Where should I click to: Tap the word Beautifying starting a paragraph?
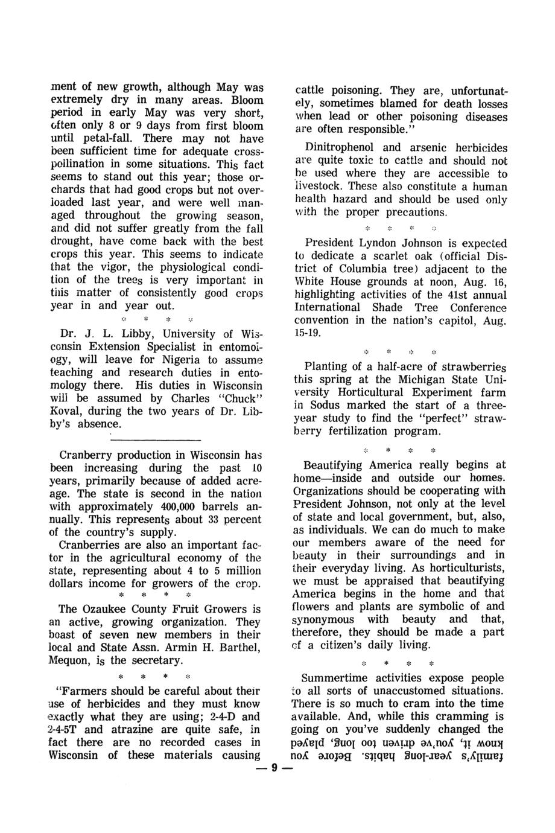click(x=341, y=465)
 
